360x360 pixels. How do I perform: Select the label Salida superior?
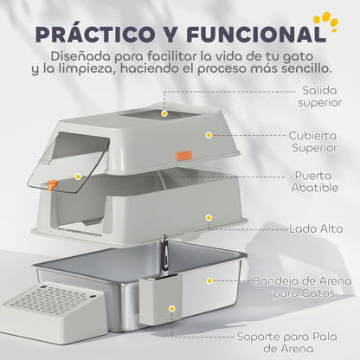(326, 96)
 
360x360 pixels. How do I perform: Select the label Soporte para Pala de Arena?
(299, 343)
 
